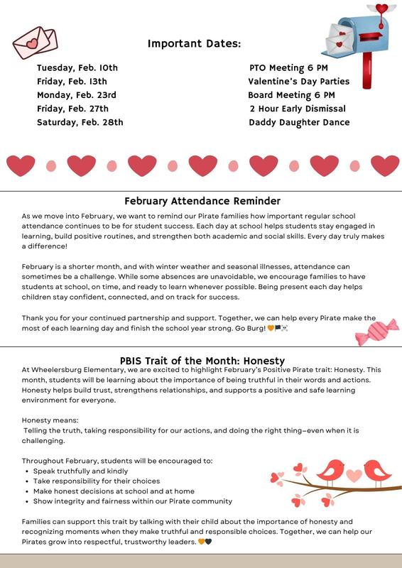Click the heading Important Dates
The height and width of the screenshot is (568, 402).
(x=195, y=44)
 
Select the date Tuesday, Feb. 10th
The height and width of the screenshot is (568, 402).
(x=77, y=68)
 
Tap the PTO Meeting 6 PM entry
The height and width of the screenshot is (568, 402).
(x=288, y=68)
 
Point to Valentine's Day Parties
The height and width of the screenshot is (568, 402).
(x=299, y=82)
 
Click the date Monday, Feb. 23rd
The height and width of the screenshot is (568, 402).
(x=77, y=95)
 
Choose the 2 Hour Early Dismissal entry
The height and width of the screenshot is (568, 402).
(x=298, y=109)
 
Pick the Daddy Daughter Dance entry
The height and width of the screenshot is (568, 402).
(x=299, y=122)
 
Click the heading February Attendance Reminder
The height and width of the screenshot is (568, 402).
(x=202, y=201)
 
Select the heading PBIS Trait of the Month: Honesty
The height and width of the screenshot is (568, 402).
(x=203, y=360)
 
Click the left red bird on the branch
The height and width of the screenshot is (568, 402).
(x=330, y=471)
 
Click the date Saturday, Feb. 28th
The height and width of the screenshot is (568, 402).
(x=80, y=122)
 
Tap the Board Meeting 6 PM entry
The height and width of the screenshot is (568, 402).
(x=291, y=95)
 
